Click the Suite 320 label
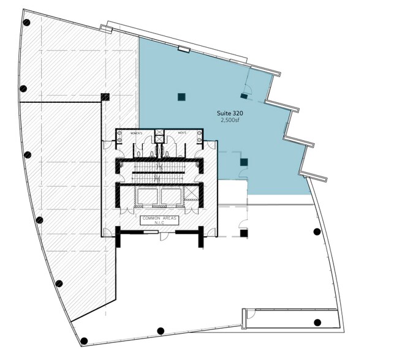coord(230,113)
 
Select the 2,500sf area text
coord(230,121)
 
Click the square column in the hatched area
coord(105,97)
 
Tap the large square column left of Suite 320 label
coord(181,97)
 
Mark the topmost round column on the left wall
coord(26,23)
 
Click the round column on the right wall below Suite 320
coord(317,231)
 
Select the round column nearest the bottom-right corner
coord(317,322)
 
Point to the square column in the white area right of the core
coord(244,233)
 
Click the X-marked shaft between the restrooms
coord(159,134)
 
